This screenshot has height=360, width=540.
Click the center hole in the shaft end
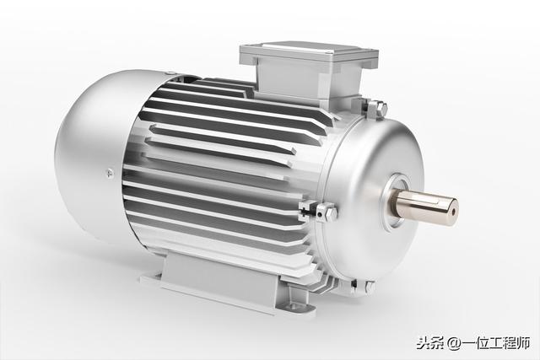(453, 212)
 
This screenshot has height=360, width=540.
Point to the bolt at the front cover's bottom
(367, 287)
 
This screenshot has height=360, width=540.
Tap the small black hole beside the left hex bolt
(320, 215)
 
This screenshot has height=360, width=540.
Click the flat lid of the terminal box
(308, 51)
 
